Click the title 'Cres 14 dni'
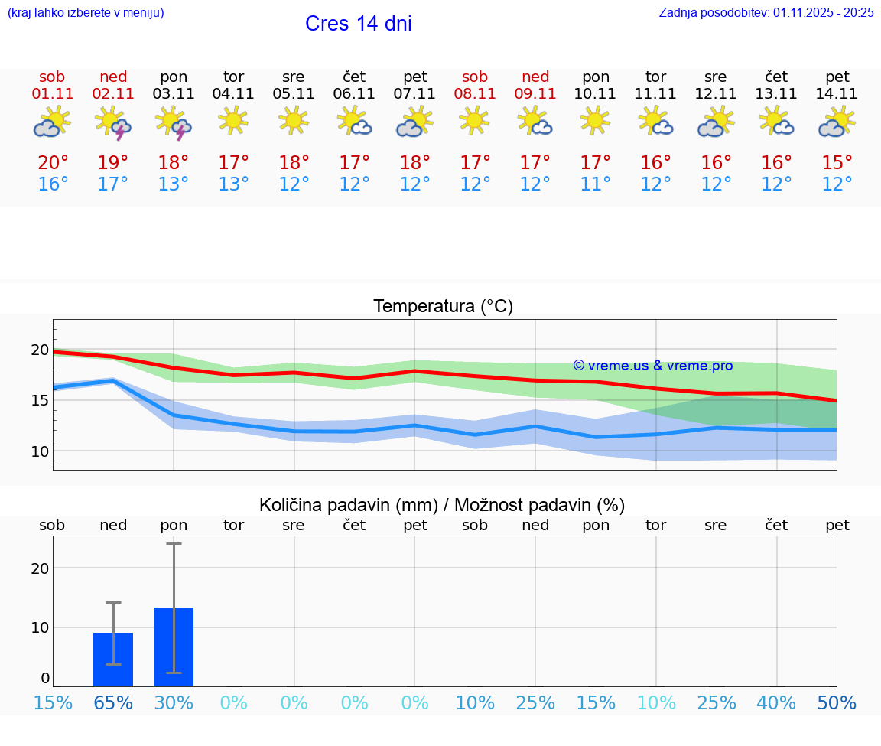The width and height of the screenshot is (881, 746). [x=358, y=24]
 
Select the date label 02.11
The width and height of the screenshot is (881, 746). [x=113, y=93]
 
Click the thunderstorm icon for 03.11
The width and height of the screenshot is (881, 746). [x=174, y=123]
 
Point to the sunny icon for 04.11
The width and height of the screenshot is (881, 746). [x=233, y=120]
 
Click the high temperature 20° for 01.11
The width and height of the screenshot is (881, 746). [x=53, y=162]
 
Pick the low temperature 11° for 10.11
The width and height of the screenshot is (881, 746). [x=595, y=184]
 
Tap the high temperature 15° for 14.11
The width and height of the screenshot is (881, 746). [x=837, y=162]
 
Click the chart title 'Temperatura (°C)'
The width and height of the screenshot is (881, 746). [x=443, y=306]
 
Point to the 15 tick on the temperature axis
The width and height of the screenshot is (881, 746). [x=40, y=400]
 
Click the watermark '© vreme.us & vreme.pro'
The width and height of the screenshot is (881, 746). [x=652, y=366]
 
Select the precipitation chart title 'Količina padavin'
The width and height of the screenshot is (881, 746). [x=442, y=505]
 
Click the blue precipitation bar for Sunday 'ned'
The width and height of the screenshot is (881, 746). [x=113, y=660]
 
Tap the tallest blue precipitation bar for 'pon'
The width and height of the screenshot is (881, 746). [x=174, y=647]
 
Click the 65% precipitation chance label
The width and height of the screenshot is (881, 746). [x=113, y=703]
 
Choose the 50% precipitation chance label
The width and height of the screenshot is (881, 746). [x=837, y=703]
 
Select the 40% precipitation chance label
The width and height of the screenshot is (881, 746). [x=776, y=703]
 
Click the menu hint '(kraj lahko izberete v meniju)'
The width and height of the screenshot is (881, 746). [x=85, y=12]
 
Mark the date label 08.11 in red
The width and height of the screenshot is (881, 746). [x=475, y=93]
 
